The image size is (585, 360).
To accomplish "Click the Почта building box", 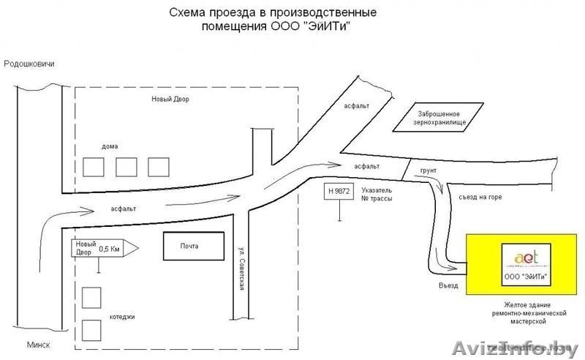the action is coord(193,246).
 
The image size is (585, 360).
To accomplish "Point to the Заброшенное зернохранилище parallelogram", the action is coord(439,118).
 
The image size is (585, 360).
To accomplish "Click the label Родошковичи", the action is coord(30,64).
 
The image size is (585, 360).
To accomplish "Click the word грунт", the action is coord(429,170).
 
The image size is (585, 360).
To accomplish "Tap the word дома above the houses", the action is coord(110,147).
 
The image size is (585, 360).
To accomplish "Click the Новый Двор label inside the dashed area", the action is coord(170,99).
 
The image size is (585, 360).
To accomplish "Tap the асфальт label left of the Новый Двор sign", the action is coord(122,208).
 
